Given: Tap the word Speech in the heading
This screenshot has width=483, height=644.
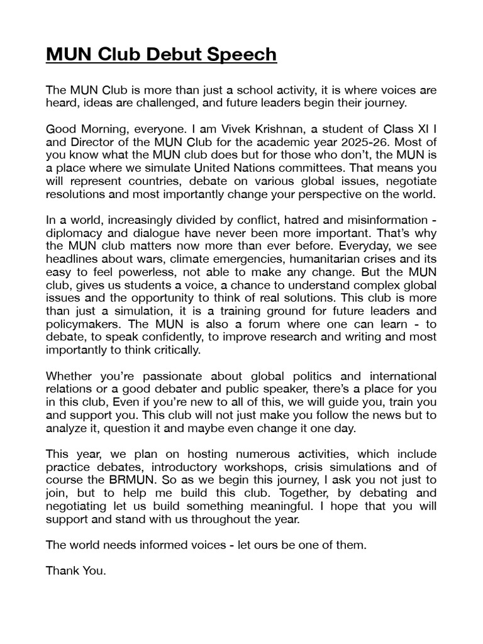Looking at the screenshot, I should click(x=245, y=55).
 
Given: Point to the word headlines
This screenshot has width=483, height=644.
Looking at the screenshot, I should click(x=73, y=258).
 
